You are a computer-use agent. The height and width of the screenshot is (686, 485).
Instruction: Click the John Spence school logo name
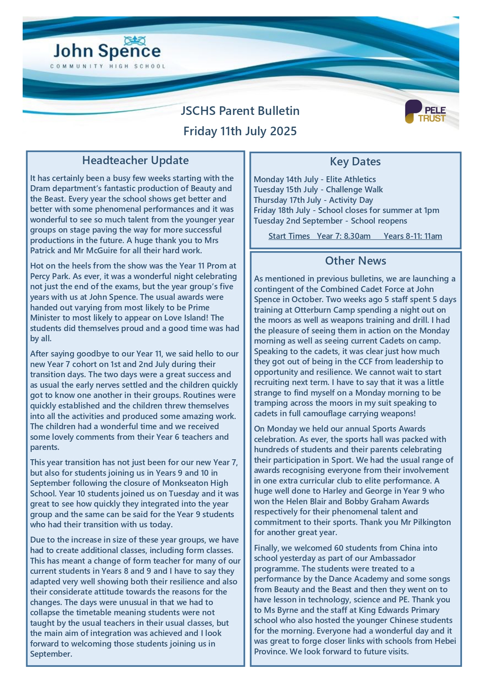(107, 52)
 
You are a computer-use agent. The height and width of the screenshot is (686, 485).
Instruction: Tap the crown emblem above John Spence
(135, 40)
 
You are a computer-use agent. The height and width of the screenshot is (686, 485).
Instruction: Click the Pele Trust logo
(425, 112)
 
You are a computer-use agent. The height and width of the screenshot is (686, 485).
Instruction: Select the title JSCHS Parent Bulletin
(240, 111)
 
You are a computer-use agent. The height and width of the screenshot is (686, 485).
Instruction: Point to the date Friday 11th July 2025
(240, 131)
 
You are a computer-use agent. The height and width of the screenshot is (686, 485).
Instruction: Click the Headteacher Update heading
(135, 160)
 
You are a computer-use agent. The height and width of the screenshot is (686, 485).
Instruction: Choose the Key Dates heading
(355, 161)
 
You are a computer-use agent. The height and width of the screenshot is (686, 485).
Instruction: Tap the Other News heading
(355, 261)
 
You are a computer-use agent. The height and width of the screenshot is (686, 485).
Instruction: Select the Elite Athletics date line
(315, 179)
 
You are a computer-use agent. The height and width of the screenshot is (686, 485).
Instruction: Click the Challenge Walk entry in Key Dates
(318, 190)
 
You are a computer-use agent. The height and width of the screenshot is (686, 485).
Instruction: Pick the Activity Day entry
(313, 200)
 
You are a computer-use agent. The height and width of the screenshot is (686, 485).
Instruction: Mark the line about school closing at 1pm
(346, 210)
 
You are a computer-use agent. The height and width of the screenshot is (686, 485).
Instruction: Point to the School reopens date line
(330, 221)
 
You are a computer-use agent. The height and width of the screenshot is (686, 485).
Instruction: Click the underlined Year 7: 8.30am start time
(344, 236)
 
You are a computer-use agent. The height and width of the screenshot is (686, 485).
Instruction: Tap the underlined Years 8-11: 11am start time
(413, 236)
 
